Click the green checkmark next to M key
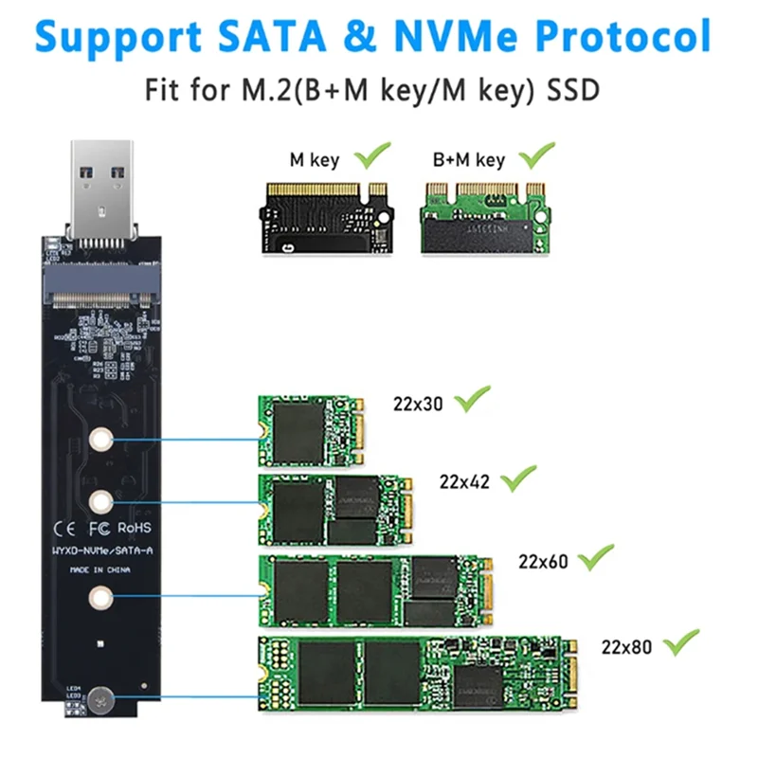coord(371,154)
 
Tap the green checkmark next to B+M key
coord(535,154)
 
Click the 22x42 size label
coord(465,480)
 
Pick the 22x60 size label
coord(543,561)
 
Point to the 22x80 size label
coord(626,648)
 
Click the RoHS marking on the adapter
coord(133,526)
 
